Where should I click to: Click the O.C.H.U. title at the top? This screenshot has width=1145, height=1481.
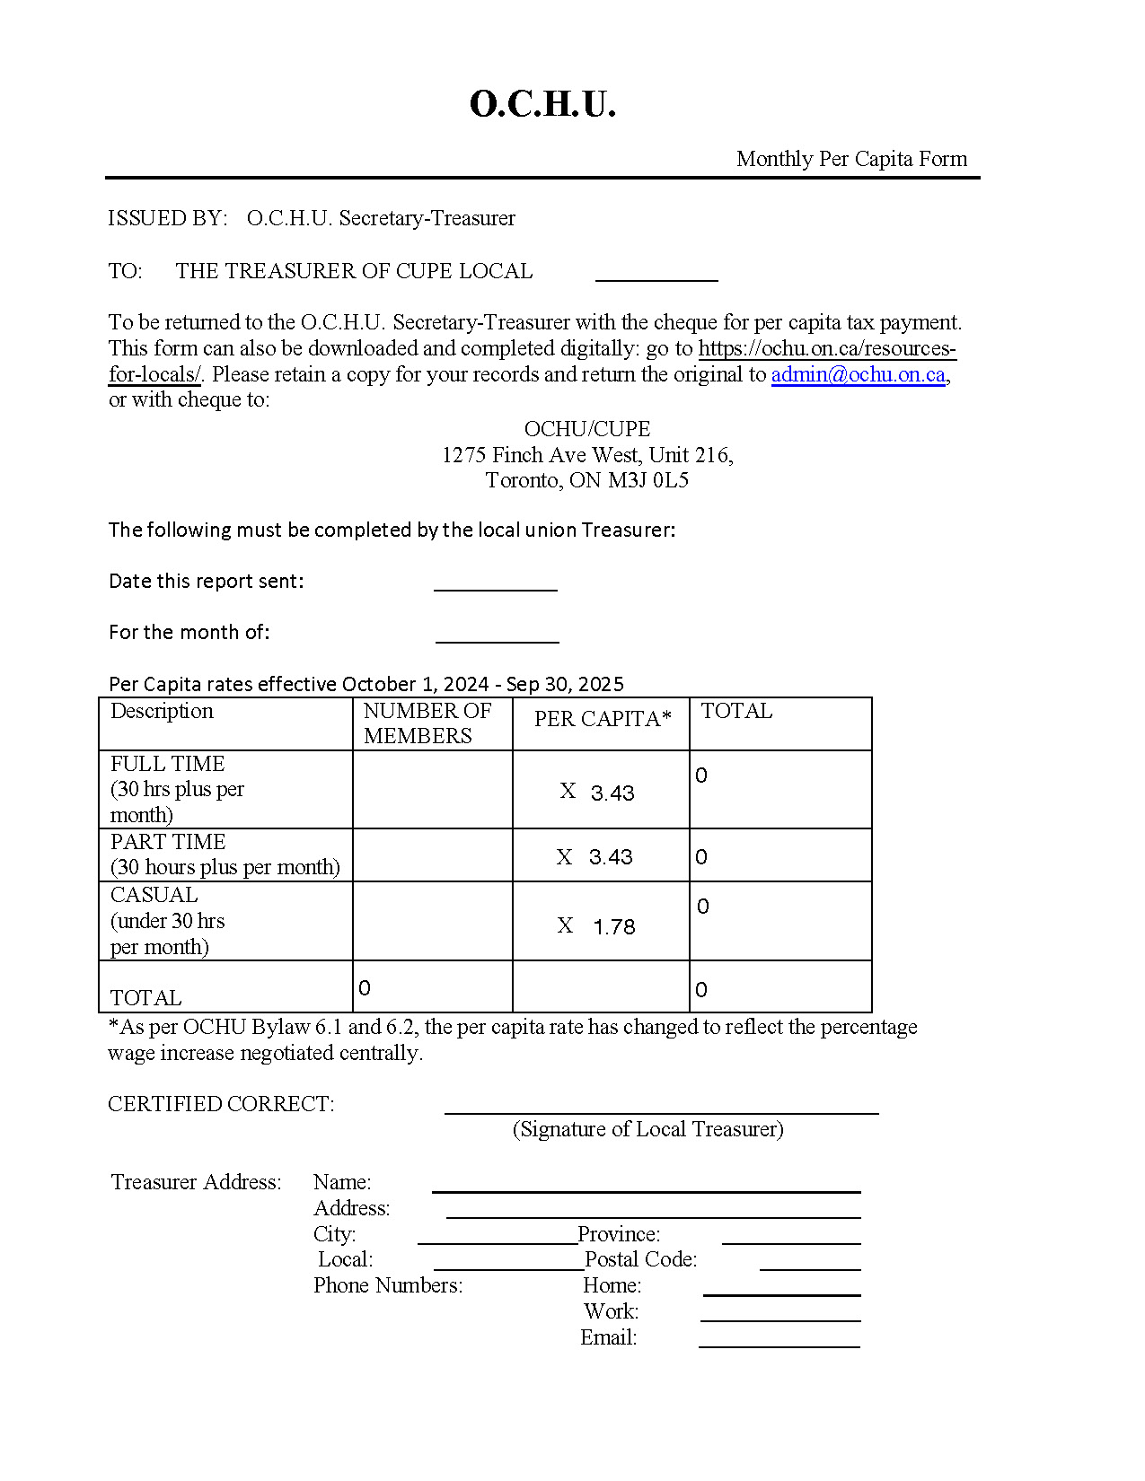click(x=542, y=104)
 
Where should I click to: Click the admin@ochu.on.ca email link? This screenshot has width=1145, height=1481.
click(x=858, y=374)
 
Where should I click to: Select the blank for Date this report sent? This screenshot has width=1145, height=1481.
click(x=495, y=582)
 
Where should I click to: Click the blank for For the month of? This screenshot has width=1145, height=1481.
click(x=497, y=634)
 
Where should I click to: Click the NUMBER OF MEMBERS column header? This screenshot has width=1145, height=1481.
click(x=427, y=723)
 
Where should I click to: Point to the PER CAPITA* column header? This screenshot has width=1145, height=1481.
click(x=603, y=719)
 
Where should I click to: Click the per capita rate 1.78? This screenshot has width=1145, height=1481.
click(x=614, y=926)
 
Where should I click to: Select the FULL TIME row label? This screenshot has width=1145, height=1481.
click(x=168, y=764)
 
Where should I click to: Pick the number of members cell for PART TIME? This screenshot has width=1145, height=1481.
click(x=432, y=854)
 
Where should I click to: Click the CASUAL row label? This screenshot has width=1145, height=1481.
click(x=154, y=895)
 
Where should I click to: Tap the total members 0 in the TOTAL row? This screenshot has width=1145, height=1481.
click(x=365, y=988)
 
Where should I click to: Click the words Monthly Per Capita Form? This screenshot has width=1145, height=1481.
click(x=851, y=159)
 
